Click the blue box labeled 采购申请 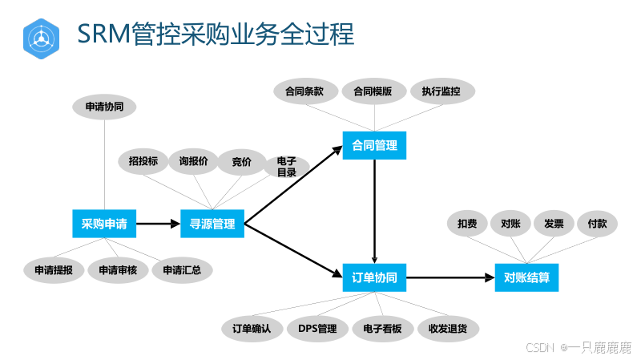point(104,224)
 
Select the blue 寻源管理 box point(212,224)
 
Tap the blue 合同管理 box point(374,146)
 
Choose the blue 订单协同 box point(374,278)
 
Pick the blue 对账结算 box point(526,278)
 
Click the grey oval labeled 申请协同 point(104,107)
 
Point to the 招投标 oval point(143,161)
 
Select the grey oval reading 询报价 point(193,161)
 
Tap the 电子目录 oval point(286,166)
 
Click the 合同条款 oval point(304,91)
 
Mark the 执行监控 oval point(441,91)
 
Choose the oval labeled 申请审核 point(118,270)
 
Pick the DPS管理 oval point(317,328)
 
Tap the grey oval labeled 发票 point(554,224)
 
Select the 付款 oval point(597,224)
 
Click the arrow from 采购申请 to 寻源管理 point(158,224)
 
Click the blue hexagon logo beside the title point(42,36)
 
